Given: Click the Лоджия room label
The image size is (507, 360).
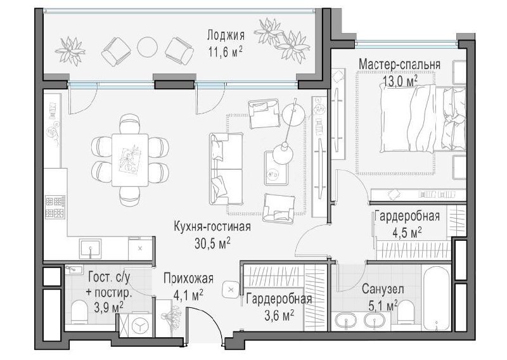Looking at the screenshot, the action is click(x=226, y=35).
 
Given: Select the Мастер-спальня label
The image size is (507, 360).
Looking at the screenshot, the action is click(x=399, y=64).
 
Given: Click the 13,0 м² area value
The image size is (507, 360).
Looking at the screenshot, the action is click(x=400, y=80).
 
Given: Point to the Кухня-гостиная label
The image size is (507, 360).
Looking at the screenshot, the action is click(x=212, y=226).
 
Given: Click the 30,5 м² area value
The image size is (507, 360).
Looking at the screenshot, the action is click(x=212, y=243).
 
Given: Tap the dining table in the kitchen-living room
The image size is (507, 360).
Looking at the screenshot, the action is click(x=130, y=160).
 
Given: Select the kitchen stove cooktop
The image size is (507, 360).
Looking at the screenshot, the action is click(x=55, y=207).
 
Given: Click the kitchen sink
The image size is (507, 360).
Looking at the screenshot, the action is click(x=90, y=248).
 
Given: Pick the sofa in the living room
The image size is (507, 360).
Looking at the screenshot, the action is click(x=226, y=169).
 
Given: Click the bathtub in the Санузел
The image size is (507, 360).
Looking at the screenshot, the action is click(x=436, y=298).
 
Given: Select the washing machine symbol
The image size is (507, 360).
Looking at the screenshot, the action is click(x=139, y=325).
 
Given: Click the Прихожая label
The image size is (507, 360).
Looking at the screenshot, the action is click(x=188, y=278).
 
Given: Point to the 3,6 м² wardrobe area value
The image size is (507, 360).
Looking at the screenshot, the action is click(x=279, y=315).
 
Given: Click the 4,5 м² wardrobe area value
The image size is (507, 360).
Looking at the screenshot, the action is click(x=407, y=232).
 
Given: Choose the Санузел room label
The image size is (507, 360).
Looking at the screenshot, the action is click(x=383, y=289).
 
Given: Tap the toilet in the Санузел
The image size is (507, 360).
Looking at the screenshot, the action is click(x=406, y=312).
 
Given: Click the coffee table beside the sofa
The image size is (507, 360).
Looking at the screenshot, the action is click(x=276, y=168).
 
